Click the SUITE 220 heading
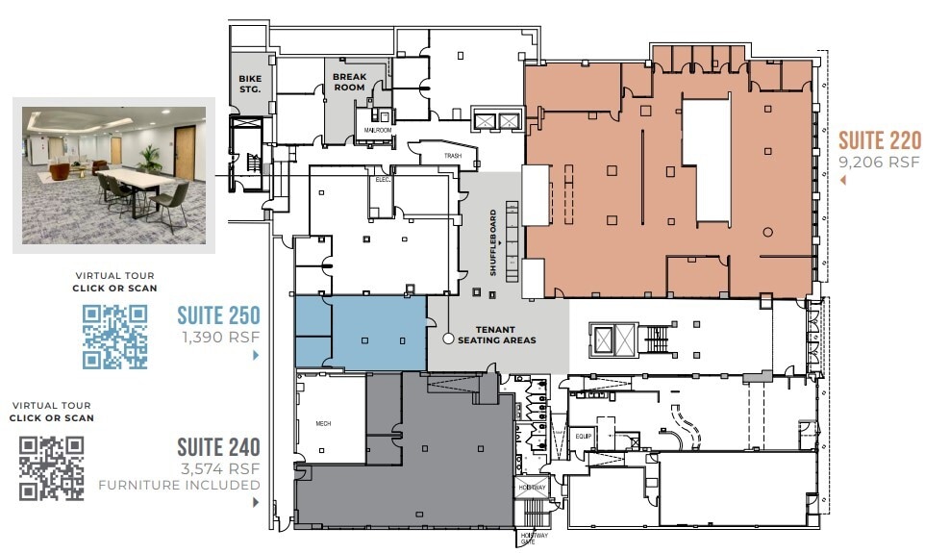880,140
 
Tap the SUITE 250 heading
218,315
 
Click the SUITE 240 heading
218,447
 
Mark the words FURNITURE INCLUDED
179,485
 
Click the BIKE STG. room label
250,83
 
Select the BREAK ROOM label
349,82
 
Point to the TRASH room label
453,155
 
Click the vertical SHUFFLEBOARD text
494,242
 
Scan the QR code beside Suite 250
114,337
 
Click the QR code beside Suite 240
52,468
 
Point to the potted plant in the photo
149,158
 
